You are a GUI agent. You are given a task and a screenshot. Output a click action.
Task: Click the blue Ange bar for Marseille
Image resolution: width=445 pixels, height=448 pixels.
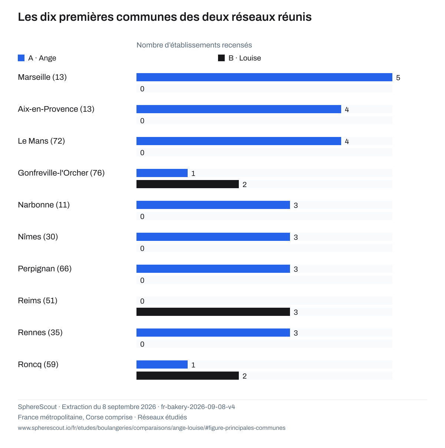coord(264,77)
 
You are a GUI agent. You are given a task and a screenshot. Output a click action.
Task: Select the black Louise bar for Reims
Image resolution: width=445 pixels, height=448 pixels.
coord(213,312)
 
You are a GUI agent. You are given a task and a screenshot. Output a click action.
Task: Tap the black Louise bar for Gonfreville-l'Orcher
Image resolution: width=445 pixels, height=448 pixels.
coord(188,184)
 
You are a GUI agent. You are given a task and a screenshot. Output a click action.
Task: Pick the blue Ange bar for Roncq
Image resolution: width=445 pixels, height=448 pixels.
coord(162,364)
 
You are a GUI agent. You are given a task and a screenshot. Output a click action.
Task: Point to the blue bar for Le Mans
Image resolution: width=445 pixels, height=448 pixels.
coord(239,141)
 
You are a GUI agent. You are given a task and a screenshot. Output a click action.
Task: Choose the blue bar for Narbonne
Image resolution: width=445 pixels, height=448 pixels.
coord(213,205)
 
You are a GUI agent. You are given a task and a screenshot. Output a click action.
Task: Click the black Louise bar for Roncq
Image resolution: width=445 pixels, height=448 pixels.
coord(188,376)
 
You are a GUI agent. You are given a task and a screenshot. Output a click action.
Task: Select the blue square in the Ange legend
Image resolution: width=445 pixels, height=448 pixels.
coord(21,58)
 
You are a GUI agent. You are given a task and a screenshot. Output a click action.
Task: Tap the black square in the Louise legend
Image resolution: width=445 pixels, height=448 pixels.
coord(221,58)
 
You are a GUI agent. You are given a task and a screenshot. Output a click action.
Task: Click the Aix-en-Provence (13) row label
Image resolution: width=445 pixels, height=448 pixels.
coord(56,109)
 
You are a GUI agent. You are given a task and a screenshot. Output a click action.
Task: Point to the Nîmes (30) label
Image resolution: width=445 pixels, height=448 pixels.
coord(38,237)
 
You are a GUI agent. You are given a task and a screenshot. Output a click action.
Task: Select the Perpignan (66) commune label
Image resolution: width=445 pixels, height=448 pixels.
coord(44,268)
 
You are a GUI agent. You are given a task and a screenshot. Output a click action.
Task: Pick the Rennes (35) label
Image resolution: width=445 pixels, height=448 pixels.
coord(40,333)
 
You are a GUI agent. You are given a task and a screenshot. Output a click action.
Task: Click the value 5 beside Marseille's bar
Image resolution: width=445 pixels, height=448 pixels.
coord(398,78)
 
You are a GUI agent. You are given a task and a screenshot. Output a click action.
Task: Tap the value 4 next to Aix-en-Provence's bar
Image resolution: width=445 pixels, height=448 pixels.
coord(347,109)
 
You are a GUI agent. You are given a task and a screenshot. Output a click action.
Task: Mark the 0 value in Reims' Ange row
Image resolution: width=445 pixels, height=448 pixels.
coord(142,301)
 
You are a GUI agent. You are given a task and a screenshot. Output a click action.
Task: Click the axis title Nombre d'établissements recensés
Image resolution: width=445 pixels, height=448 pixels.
coord(194,45)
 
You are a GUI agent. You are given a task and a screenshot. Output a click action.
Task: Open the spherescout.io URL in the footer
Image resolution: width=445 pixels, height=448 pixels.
coord(152,428)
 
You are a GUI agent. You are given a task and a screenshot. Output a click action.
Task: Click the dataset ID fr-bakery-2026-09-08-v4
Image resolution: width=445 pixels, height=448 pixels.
coord(198,407)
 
